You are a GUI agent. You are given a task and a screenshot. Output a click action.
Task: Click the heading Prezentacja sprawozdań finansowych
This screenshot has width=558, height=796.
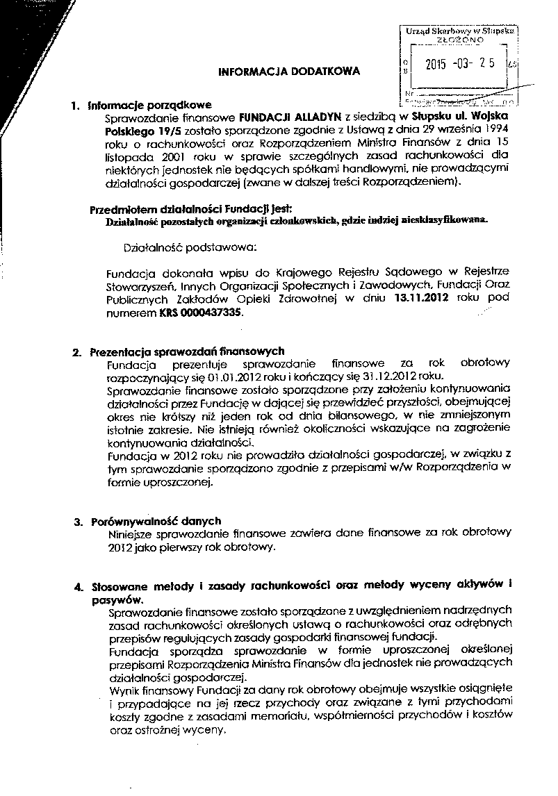[x=187, y=351]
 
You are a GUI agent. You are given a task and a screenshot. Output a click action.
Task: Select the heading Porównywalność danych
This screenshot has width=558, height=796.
[x=156, y=520]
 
